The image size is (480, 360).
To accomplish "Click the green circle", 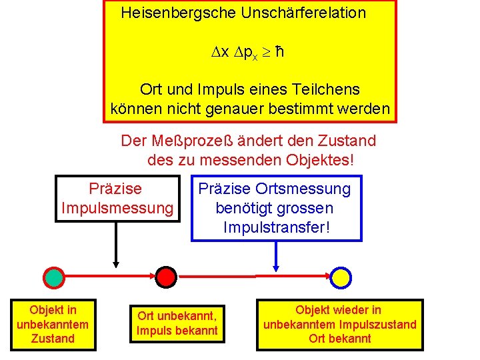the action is tap(54, 276).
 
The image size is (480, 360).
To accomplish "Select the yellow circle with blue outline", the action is tap(341, 276).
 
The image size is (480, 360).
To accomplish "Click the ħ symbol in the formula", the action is tap(279, 52).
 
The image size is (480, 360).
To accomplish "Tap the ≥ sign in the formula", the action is tap(263, 52).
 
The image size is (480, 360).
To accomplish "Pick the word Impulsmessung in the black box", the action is tap(117, 209).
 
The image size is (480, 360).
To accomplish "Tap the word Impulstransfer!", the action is tap(277, 227).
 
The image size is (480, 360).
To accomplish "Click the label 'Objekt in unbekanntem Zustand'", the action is tap(53, 324).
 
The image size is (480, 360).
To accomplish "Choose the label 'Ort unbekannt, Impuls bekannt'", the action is tap(177, 323).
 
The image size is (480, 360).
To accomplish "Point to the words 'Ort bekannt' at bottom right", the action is tap(340, 338).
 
